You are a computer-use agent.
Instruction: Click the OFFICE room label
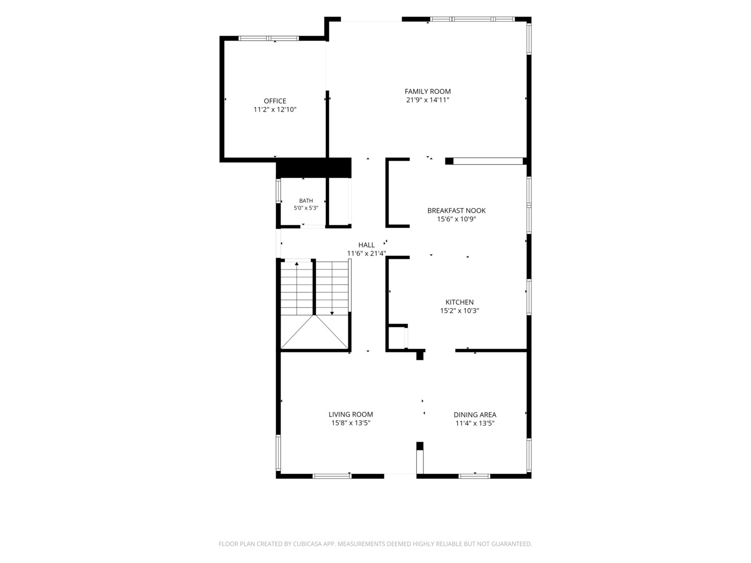tap(274, 101)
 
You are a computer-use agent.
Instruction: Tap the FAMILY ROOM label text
tap(427, 91)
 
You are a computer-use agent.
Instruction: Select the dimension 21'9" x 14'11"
tap(427, 100)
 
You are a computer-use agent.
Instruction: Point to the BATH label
tap(306, 201)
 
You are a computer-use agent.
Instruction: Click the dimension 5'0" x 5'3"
tap(306, 208)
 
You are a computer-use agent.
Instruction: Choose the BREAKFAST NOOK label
tap(456, 211)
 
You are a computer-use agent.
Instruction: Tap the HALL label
tap(366, 245)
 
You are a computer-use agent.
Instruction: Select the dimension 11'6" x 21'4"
tap(366, 253)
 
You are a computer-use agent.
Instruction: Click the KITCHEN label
tap(459, 302)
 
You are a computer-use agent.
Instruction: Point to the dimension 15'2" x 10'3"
tap(459, 311)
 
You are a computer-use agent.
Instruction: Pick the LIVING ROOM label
tap(350, 414)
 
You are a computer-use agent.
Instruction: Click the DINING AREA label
tap(475, 414)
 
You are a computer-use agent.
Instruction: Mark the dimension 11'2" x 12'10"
tap(274, 109)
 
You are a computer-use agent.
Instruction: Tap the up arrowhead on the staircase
tap(297, 264)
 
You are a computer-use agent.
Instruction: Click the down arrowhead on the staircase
tap(332, 313)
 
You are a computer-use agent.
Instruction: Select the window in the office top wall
tap(268, 38)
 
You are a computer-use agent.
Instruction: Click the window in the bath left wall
tap(278, 191)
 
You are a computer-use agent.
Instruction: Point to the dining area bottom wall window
tap(474, 476)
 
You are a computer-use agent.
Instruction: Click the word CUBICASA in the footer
tap(307, 544)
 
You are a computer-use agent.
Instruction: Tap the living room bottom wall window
tap(332, 476)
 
